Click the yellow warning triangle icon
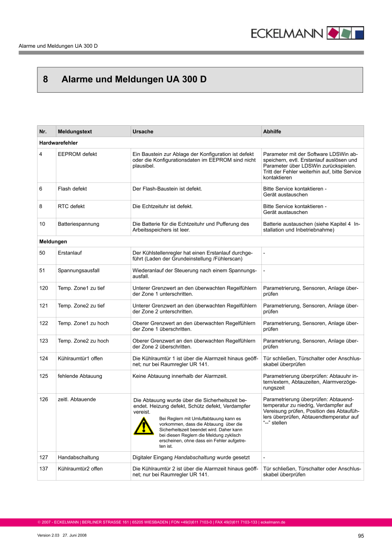(x=144, y=426)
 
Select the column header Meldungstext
(x=75, y=132)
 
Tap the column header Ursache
(x=143, y=132)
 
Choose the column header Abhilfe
(x=272, y=132)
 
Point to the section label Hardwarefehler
(x=59, y=143)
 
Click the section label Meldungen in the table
(x=53, y=241)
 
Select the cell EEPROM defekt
(x=77, y=154)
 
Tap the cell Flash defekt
(x=72, y=189)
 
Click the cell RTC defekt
(x=71, y=206)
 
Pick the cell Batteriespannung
(x=78, y=224)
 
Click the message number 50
(x=42, y=253)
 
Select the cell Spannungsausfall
(x=78, y=271)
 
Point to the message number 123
(x=44, y=341)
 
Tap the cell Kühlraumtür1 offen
(x=80, y=359)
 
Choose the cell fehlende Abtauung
(x=80, y=376)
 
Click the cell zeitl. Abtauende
(x=77, y=399)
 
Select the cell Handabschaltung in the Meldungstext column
(x=78, y=457)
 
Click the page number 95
(x=360, y=536)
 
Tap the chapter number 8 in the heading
(x=46, y=80)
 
